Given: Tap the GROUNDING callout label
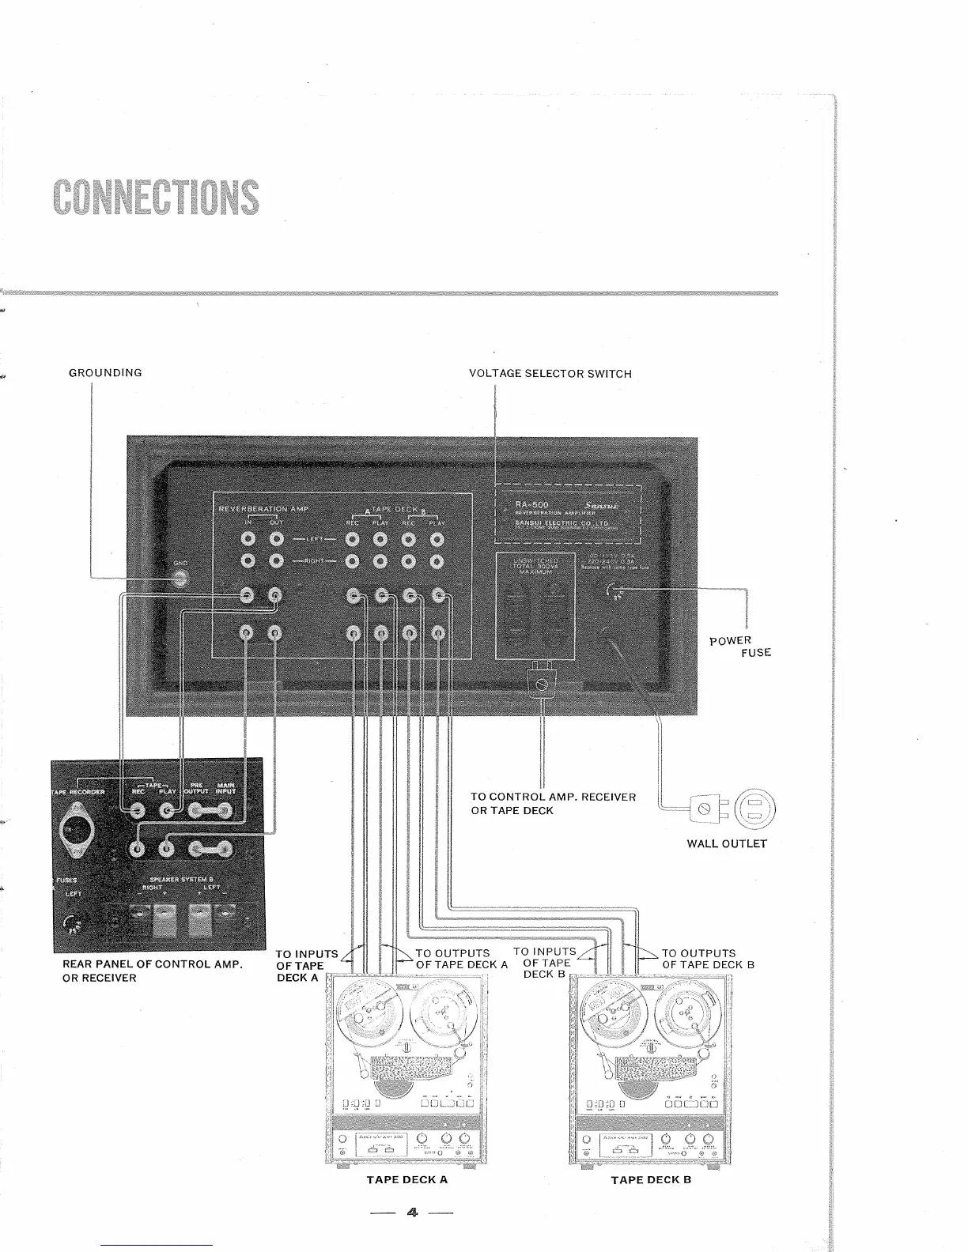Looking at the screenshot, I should (105, 372).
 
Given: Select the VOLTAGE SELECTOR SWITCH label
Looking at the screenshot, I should (550, 374).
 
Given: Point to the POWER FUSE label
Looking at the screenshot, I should (739, 646).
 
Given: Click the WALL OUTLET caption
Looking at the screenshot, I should (727, 843).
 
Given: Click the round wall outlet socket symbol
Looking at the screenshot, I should (757, 808).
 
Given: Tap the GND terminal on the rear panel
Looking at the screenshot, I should (181, 579).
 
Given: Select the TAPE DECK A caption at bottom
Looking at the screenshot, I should (406, 1180).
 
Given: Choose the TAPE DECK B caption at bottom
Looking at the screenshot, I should (651, 1180).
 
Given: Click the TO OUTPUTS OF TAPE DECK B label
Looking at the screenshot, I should (708, 959).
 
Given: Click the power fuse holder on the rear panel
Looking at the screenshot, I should (614, 590).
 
